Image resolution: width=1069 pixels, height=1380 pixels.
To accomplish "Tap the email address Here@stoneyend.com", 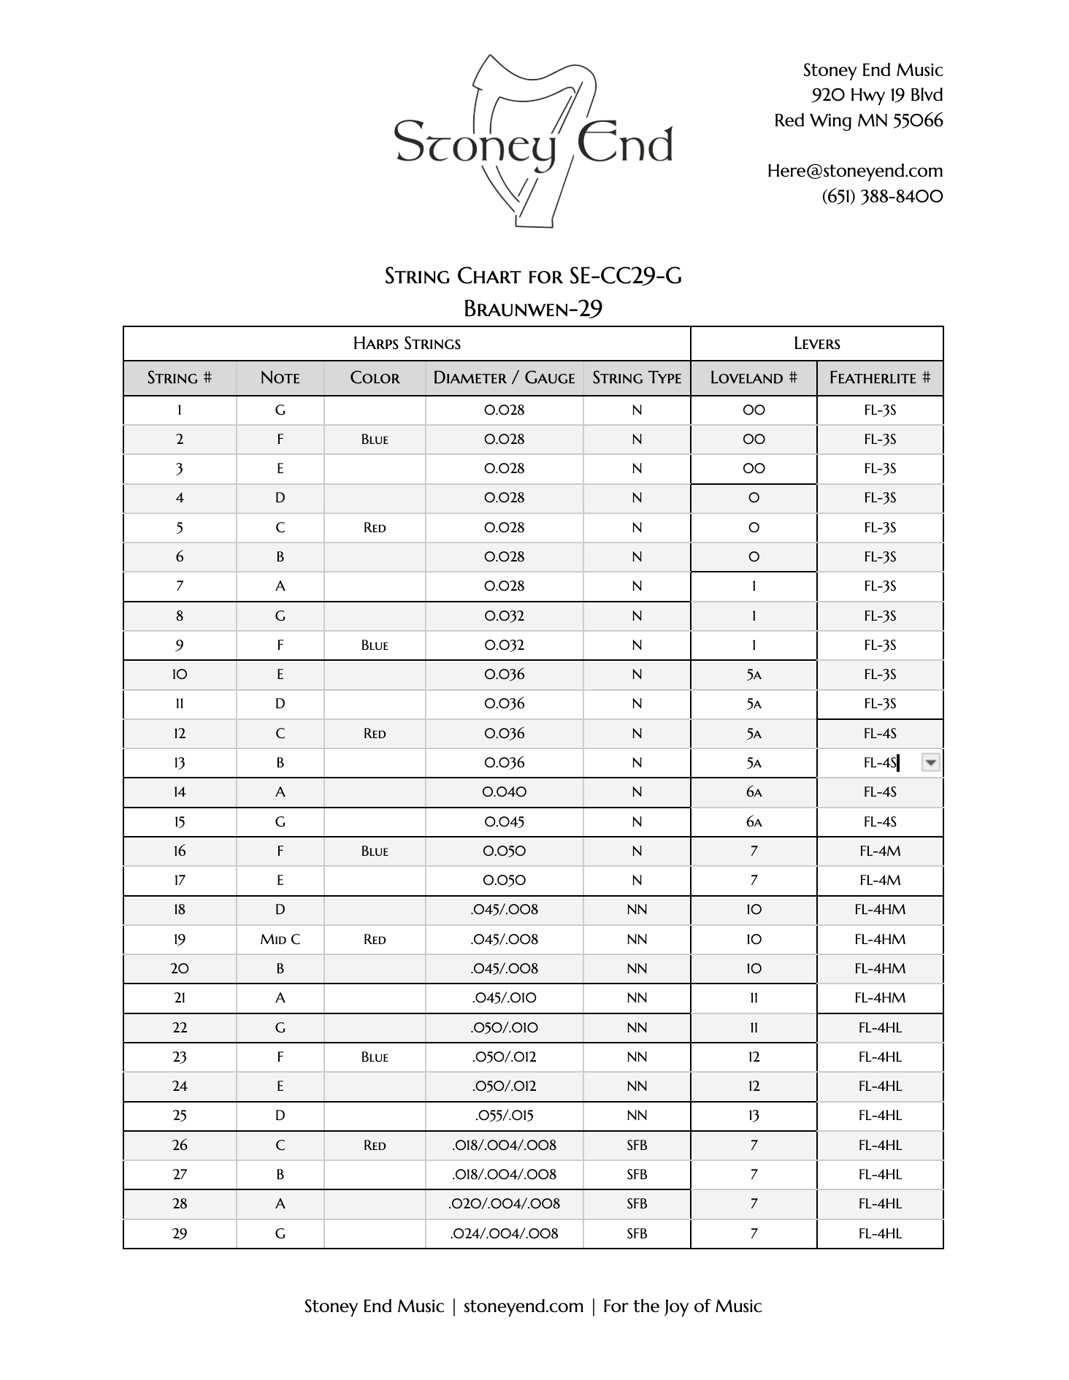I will pos(854,171).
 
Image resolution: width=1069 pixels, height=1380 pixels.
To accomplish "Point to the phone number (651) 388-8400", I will pos(882,196).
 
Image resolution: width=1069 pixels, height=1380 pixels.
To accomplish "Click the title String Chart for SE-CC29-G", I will pos(533,276).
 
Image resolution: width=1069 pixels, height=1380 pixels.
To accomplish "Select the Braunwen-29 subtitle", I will pos(533,309).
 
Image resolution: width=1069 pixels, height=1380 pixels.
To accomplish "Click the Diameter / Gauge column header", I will pos(504,378).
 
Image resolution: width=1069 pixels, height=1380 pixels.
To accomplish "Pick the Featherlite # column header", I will pos(879,378).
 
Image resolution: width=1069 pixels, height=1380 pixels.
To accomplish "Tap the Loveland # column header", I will pos(753,378).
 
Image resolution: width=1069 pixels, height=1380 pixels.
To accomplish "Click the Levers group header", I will pos(816,344).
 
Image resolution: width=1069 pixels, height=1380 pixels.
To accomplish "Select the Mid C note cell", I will pos(280,940).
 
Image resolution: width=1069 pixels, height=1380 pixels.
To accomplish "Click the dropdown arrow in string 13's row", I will pos(930,763).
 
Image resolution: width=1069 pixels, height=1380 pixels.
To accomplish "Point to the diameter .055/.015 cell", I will pos(504,1116).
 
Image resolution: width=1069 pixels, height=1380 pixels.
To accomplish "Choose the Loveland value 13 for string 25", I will pos(754,1116).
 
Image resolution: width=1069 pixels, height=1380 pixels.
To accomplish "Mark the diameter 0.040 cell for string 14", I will pos(504,792).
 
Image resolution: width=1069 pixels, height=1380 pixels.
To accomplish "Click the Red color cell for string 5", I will pos(374,528).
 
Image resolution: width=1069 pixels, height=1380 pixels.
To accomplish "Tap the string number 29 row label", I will pos(180,1234).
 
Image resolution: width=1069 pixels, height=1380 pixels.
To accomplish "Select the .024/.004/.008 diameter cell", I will pos(504,1234).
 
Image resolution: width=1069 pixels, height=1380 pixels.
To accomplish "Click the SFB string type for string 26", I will pos(636,1146).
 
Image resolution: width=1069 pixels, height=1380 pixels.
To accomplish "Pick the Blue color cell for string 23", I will pos(374,1057).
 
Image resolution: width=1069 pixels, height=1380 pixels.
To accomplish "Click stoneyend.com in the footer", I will pos(523,1306).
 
